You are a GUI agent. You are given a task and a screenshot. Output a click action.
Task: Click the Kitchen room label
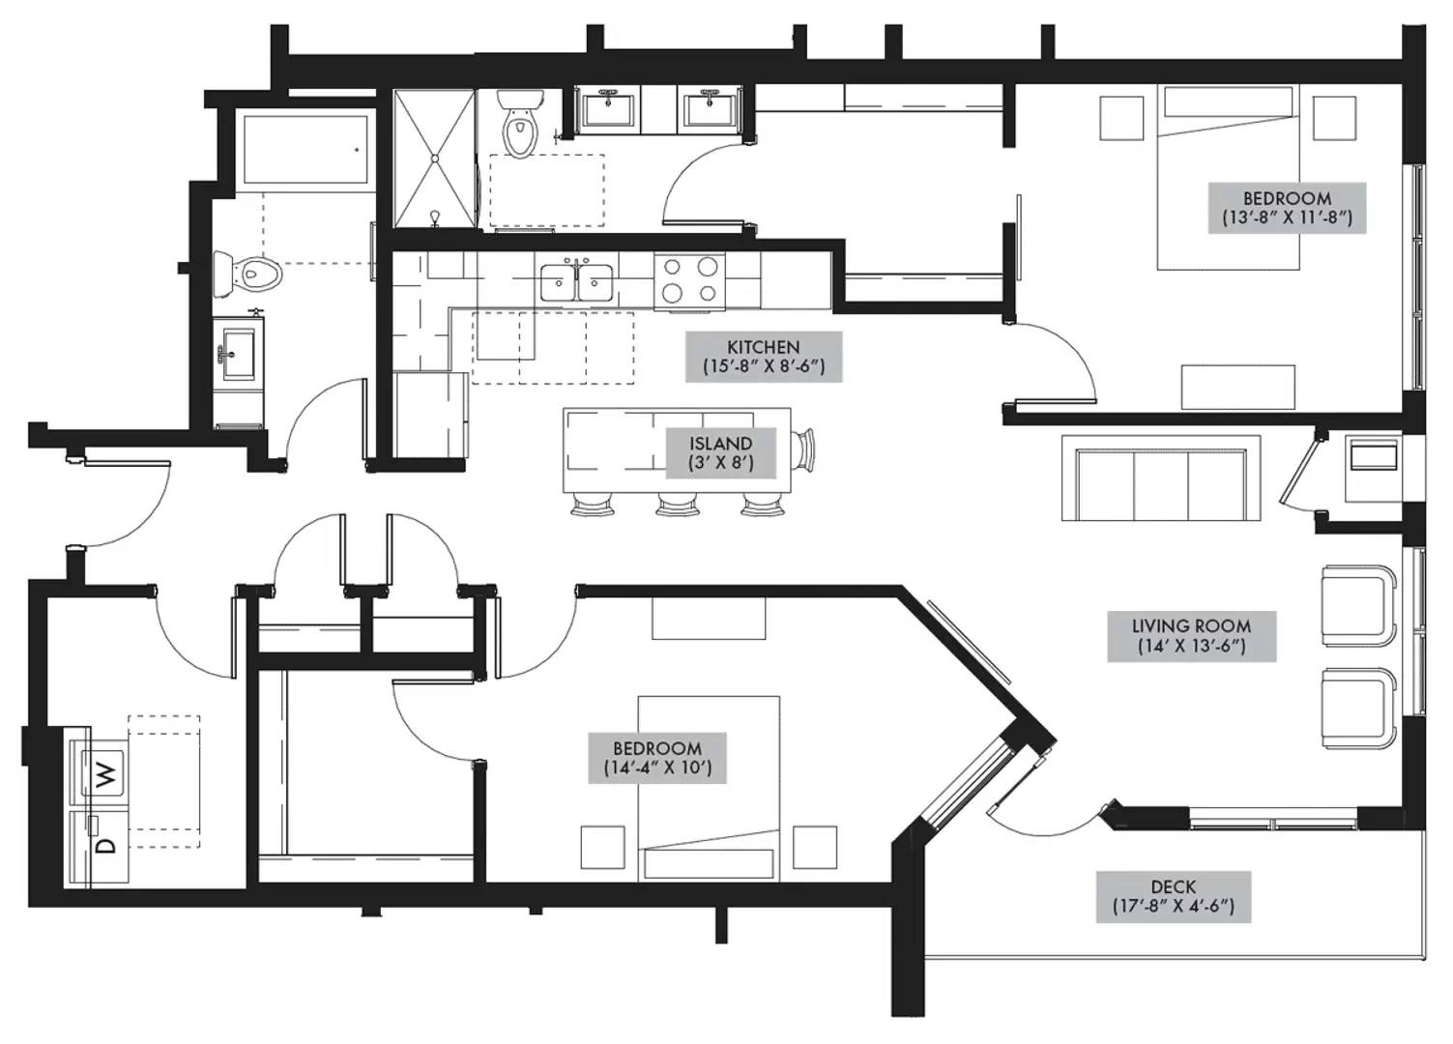(x=764, y=357)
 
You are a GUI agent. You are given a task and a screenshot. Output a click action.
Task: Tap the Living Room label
(x=1192, y=636)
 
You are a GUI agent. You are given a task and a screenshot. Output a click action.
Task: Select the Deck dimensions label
(x=1174, y=897)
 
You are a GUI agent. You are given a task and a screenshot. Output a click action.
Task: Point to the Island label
(x=720, y=452)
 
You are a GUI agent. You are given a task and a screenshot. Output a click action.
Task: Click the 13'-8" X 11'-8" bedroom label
(x=1287, y=208)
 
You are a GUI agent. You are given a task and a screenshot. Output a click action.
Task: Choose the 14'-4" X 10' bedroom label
(x=657, y=758)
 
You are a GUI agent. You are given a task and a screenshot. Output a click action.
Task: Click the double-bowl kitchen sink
(x=577, y=282)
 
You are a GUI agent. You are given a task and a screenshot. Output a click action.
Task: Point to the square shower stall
(x=434, y=159)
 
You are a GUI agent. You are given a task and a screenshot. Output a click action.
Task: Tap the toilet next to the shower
(x=519, y=123)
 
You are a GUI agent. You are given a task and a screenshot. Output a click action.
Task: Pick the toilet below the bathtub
(x=247, y=275)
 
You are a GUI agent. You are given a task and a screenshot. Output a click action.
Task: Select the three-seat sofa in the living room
(x=1161, y=478)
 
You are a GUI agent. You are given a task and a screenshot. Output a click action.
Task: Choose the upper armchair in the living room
(x=1358, y=606)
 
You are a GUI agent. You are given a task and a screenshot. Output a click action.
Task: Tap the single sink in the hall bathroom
(x=238, y=355)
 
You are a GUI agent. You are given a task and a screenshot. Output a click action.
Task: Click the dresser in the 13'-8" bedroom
(x=1237, y=387)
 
